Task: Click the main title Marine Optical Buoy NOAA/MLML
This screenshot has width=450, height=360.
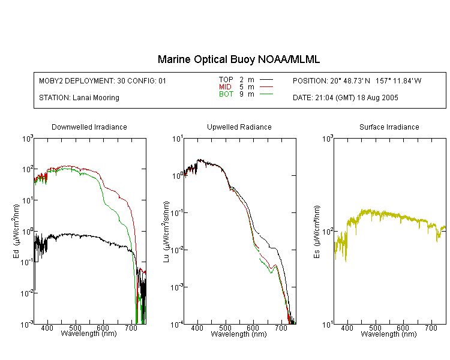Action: (239, 59)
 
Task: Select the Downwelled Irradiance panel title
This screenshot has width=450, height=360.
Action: (89, 127)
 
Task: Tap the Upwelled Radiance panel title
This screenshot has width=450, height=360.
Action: (239, 127)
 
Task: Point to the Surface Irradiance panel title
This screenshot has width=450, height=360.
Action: (389, 127)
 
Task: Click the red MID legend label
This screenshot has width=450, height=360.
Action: (225, 86)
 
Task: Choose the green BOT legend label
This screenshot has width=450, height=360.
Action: (226, 94)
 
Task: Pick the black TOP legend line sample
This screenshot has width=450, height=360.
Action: (266, 80)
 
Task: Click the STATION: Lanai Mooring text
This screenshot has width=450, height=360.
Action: (79, 98)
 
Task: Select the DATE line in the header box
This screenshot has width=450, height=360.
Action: (346, 98)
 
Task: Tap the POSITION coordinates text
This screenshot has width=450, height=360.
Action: (357, 80)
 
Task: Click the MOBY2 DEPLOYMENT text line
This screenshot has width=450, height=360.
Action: (103, 80)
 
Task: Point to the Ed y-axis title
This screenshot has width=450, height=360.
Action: (16, 231)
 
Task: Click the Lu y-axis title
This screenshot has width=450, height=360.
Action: (166, 232)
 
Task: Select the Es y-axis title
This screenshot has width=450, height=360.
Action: (316, 232)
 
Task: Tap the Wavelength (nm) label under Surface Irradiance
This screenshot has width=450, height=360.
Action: (389, 334)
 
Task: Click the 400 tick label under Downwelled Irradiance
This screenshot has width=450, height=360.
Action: (47, 328)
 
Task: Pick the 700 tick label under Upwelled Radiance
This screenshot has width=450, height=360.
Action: (281, 328)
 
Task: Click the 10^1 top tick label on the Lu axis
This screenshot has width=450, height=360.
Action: (178, 139)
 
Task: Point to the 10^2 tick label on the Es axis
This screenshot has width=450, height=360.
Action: (328, 232)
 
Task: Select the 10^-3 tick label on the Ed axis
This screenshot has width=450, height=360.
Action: (27, 325)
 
